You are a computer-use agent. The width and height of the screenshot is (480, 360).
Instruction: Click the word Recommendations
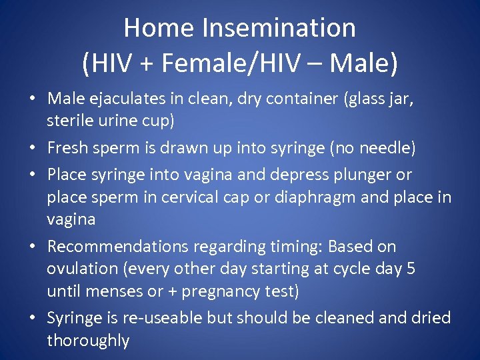[x=118, y=247]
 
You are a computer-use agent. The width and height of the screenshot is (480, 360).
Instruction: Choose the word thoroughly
[x=88, y=341]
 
